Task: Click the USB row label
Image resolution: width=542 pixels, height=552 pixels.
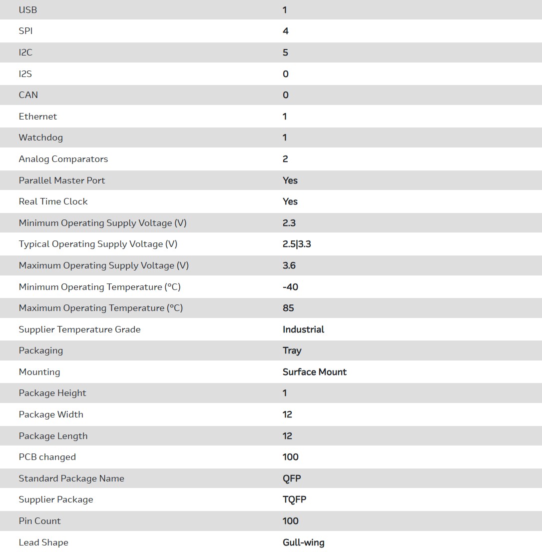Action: (x=28, y=10)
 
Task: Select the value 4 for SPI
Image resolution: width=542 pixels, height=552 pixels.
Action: (x=286, y=31)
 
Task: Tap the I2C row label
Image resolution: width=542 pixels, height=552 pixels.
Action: (x=26, y=52)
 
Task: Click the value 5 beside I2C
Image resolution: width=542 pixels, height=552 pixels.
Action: (x=286, y=52)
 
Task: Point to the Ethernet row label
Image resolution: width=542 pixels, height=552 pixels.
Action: (x=38, y=116)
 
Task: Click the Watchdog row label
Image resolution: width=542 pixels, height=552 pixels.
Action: (x=41, y=137)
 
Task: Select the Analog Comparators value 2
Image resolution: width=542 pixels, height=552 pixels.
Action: (x=286, y=159)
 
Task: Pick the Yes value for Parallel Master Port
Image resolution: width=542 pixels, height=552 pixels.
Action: (x=290, y=180)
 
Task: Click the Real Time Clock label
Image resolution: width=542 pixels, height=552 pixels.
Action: (x=53, y=201)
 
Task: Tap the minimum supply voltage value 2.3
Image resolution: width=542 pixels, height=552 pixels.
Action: (x=289, y=223)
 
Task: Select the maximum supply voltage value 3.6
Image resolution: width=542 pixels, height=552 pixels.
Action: (x=289, y=265)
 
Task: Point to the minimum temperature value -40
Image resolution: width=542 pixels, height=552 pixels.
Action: (x=290, y=287)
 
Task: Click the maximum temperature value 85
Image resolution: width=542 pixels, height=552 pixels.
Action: (x=288, y=308)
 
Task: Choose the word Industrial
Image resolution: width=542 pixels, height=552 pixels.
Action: (x=303, y=329)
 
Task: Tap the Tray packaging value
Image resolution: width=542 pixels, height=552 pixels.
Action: (x=292, y=350)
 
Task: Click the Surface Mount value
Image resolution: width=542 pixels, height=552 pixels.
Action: (x=315, y=372)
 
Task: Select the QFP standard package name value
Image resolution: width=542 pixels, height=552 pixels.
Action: (x=292, y=478)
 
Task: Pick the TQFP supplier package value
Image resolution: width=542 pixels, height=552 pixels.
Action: (x=294, y=499)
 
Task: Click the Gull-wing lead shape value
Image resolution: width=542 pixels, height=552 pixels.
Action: (x=303, y=542)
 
